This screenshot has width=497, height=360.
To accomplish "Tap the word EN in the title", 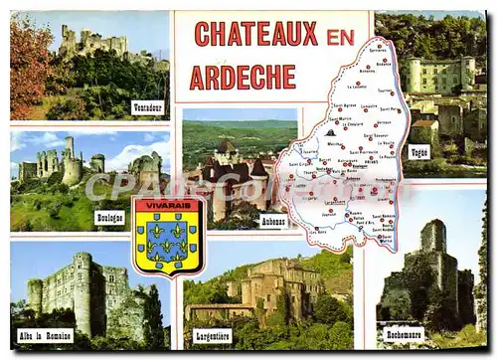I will pos(340,36).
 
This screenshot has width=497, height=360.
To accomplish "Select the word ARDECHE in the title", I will pos(242,77).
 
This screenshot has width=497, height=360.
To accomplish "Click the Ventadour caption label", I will pos(147,107).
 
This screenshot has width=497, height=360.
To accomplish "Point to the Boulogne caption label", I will pos(109,217).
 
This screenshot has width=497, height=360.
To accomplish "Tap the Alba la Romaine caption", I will pos(45,335).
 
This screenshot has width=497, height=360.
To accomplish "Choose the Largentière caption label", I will pos(212,335).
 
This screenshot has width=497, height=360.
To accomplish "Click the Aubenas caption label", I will pos(272,221).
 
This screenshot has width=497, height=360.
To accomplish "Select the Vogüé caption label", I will pos(418,152).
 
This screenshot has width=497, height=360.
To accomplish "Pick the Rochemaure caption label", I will pos(403,334).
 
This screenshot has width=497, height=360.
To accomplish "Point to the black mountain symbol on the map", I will pos(330,131).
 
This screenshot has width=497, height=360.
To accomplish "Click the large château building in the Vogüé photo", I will pos(437,75).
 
